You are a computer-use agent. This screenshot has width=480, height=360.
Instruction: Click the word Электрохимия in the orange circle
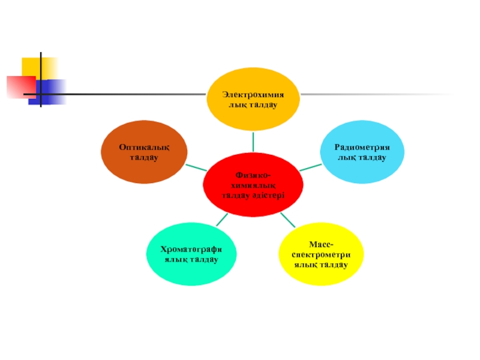pyautogui.click(x=252, y=95)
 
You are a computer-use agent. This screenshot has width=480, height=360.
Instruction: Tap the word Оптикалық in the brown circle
pyautogui.click(x=143, y=147)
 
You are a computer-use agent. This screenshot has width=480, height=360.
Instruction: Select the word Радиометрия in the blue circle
pyautogui.click(x=361, y=147)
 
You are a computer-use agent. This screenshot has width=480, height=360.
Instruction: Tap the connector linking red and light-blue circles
pyautogui.click(x=310, y=167)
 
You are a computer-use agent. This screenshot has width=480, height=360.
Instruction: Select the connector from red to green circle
pyautogui.click(x=221, y=220)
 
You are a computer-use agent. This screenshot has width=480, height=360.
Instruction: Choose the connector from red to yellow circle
pyautogui.click(x=286, y=217)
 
